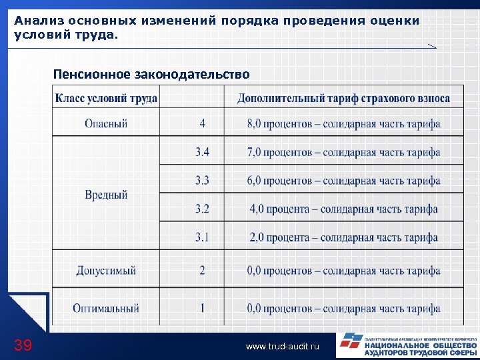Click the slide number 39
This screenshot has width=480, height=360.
[23, 345]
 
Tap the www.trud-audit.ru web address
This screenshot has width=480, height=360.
[283, 347]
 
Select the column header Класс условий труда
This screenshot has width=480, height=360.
[106, 98]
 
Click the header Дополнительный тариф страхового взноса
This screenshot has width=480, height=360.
[343, 98]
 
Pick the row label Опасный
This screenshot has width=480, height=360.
[106, 123]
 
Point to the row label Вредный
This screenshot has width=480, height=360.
[106, 195]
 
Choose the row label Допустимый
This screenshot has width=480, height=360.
[106, 271]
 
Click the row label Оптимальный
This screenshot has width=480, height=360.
[106, 308]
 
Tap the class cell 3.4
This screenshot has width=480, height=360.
[202, 152]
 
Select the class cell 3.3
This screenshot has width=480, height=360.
[202, 180]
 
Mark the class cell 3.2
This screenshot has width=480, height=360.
[202, 209]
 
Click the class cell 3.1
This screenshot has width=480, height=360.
[202, 237]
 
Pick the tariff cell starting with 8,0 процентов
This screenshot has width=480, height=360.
[343, 123]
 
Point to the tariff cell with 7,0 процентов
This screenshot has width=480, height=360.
[343, 152]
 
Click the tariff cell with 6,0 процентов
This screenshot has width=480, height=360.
[343, 180]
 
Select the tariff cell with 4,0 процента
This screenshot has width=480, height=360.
[343, 209]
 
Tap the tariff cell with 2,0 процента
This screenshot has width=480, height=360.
[343, 237]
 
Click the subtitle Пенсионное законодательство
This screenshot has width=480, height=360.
[151, 73]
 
